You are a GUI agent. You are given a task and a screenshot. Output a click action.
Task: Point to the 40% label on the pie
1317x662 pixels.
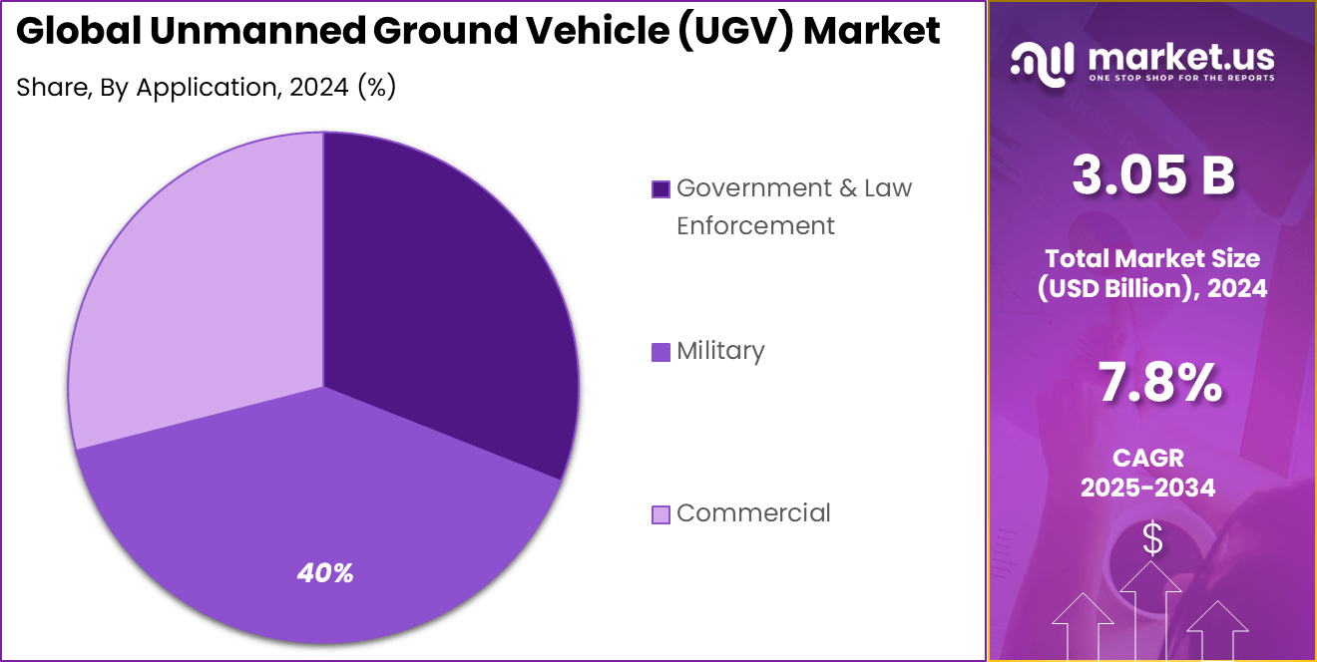pos(325,573)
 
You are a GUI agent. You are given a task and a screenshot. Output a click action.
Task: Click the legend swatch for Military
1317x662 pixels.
pos(660,352)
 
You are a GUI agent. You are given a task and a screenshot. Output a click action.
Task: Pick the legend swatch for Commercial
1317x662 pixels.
pos(660,514)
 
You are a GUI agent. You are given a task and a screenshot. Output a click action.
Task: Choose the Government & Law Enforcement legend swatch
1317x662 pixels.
pos(660,189)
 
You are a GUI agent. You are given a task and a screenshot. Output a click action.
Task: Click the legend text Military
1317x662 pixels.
pos(720,351)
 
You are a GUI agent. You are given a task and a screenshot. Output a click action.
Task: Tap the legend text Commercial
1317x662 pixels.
pos(753,513)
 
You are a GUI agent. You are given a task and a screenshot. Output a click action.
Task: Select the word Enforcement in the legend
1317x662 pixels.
pos(755,226)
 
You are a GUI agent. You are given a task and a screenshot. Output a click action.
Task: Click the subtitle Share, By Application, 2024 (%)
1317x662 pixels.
pos(207,88)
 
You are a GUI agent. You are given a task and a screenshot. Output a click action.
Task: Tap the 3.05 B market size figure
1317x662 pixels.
pos(1152,175)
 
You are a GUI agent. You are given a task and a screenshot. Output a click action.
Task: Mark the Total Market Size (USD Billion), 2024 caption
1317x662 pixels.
pos(1152,273)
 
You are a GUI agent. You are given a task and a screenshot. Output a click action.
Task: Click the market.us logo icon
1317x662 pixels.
pos(1042,60)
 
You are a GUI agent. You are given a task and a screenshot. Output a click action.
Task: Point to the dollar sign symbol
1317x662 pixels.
pos(1152,539)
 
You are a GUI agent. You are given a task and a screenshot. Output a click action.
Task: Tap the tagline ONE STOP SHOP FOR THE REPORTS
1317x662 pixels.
pos(1181,77)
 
